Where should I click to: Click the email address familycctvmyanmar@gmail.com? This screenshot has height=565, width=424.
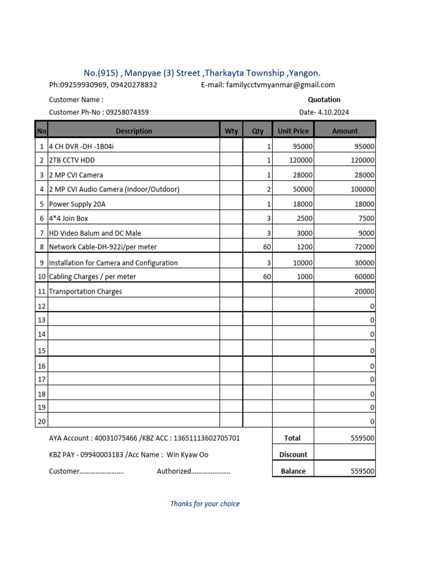click(x=280, y=85)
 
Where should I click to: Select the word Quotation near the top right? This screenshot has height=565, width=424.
click(x=324, y=100)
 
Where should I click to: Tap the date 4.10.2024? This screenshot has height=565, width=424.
click(x=333, y=112)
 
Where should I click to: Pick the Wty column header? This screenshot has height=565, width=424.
click(x=231, y=131)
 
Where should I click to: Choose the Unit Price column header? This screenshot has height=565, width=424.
click(x=293, y=131)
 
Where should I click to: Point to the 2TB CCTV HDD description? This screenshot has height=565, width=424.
click(x=76, y=160)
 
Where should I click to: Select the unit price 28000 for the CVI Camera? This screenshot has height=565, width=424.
click(x=303, y=175)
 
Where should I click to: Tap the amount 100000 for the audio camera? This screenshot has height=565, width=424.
click(x=362, y=189)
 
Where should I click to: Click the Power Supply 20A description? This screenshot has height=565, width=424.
click(x=77, y=204)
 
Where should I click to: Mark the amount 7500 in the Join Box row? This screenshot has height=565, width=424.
click(x=366, y=218)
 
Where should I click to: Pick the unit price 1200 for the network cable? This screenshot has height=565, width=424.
click(x=305, y=247)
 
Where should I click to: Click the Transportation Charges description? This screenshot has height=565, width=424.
click(x=86, y=291)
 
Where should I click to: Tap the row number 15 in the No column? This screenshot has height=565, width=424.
click(x=41, y=351)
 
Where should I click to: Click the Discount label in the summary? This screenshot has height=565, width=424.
click(x=293, y=455)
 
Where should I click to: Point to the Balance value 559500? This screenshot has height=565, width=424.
click(x=363, y=471)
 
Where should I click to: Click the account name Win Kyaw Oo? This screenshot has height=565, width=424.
click(x=188, y=455)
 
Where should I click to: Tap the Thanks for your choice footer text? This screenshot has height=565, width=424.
click(x=205, y=504)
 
